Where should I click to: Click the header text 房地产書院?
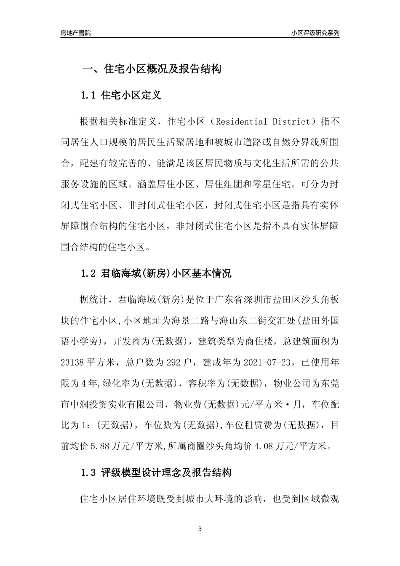point(75,33)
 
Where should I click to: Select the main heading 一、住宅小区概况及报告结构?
point(151,69)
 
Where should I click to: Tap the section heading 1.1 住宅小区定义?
point(121,95)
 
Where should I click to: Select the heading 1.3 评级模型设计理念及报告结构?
point(156,473)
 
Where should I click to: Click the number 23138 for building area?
point(72,362)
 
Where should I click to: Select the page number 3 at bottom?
point(200,529)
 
